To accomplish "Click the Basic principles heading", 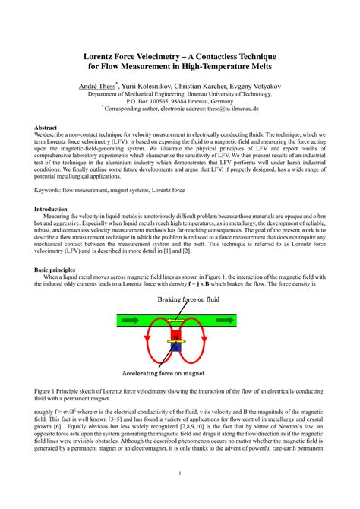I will pyautogui.click(x=57, y=270).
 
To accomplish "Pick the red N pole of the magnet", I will pyautogui.click(x=176, y=336).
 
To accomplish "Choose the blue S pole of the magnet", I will pyautogui.click(x=176, y=348).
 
